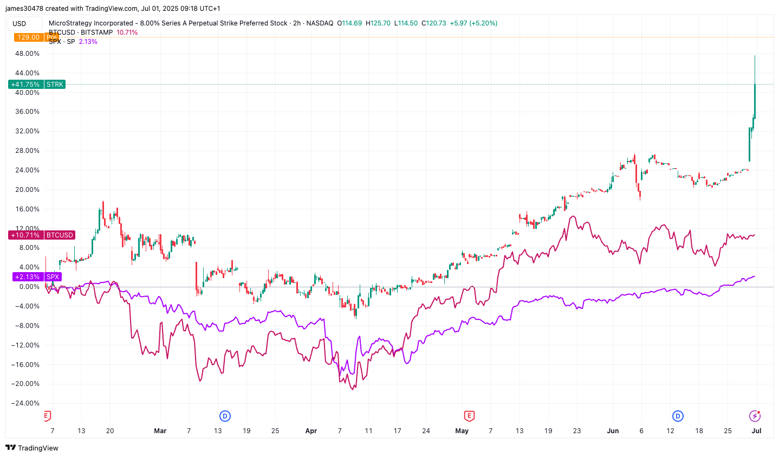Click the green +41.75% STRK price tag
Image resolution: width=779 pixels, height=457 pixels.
point(37,85)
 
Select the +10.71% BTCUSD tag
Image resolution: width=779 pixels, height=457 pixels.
point(42,235)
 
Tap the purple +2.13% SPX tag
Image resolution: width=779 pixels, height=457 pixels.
point(37,277)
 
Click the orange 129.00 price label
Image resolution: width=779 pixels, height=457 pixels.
point(28,37)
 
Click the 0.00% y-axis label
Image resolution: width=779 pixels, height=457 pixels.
point(29,287)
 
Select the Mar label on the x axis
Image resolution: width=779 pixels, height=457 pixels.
point(160,431)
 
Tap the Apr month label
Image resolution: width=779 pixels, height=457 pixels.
point(311,431)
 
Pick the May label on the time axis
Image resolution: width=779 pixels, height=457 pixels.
point(462,431)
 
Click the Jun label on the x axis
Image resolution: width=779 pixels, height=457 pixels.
point(613,431)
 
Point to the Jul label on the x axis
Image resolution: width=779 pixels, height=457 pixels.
point(756,431)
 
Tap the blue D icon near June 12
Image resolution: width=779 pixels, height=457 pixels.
point(678,416)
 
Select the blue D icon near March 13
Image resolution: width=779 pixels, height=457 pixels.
point(225,416)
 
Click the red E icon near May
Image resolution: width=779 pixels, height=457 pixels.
point(469,416)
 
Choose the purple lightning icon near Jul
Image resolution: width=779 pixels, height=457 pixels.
point(755,416)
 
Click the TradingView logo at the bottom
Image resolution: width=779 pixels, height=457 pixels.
point(32,448)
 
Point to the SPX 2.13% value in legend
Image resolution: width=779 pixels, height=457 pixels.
point(88,42)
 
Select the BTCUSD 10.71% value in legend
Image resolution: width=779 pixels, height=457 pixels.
point(127,33)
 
